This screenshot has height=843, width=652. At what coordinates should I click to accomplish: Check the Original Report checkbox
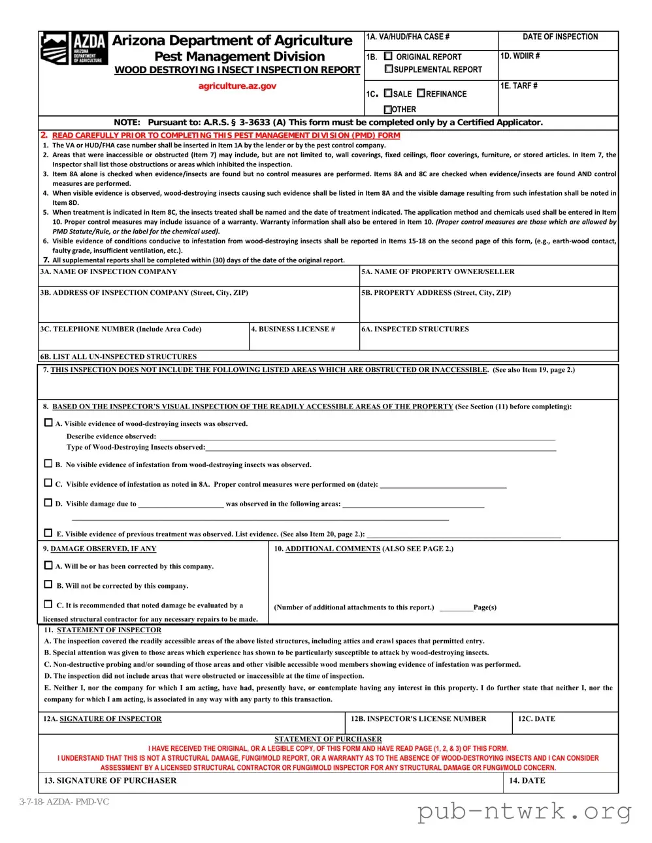[x=389, y=57]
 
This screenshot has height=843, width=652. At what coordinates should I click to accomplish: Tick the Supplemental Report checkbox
[x=389, y=69]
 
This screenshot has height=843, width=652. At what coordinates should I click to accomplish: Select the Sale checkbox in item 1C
[x=388, y=93]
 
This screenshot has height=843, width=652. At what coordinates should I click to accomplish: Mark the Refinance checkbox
[x=421, y=93]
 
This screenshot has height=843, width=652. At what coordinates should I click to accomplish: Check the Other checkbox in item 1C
[x=388, y=110]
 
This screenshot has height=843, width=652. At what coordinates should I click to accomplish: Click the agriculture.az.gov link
[x=237, y=85]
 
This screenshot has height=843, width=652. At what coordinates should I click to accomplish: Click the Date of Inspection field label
[x=560, y=37]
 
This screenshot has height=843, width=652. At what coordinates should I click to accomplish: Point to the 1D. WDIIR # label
[x=520, y=56]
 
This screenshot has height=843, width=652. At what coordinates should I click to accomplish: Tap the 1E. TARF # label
[x=519, y=86]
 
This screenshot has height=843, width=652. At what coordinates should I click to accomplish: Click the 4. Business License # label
[x=293, y=329]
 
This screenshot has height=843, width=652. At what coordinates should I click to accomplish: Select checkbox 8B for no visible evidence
[x=48, y=464]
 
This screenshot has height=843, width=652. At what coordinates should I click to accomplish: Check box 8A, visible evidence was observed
[x=48, y=423]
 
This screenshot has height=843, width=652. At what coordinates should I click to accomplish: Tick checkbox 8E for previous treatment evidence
[x=48, y=533]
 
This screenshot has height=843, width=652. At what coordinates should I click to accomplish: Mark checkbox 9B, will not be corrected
[x=48, y=585]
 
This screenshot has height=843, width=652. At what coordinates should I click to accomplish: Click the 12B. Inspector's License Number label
[x=418, y=718]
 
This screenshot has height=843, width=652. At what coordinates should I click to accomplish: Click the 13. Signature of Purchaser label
[x=110, y=780]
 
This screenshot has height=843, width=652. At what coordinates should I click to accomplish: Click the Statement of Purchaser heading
[x=328, y=739]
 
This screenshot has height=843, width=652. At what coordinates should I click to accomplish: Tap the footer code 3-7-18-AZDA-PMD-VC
[x=64, y=801]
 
